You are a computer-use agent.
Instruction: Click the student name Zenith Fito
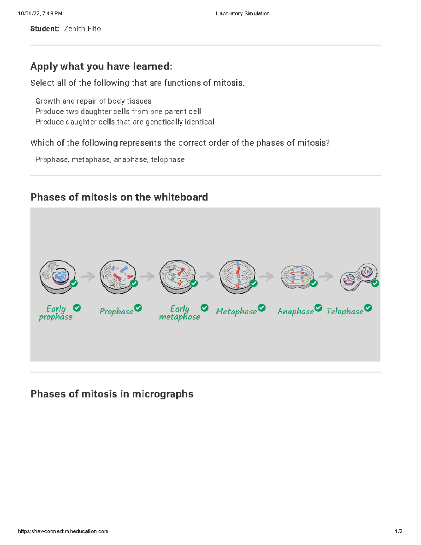coord(82,29)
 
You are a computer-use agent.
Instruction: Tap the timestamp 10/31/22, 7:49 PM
coord(40,14)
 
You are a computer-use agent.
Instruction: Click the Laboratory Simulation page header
coord(242,14)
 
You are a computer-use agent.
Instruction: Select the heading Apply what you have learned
coord(101,66)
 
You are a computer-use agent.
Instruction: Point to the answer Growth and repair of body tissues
coord(93,101)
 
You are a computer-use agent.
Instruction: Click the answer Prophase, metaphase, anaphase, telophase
coord(110,160)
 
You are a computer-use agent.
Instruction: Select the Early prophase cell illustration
coord(57,277)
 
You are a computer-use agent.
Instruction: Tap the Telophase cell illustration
coord(359,277)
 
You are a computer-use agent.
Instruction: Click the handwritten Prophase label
coord(116,311)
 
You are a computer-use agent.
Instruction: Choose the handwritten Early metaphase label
coord(179,313)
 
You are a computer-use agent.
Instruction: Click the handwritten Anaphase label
coord(295,311)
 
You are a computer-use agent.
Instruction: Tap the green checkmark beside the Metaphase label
coord(262,308)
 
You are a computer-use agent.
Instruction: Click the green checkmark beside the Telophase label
coord(368,308)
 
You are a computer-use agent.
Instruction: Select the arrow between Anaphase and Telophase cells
coord(326,277)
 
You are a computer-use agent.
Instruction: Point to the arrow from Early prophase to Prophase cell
coord(88,277)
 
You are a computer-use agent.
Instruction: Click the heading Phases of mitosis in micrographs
coord(112,394)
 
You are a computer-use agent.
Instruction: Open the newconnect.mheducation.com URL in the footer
coord(63,531)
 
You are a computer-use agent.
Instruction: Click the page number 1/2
coord(399,531)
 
